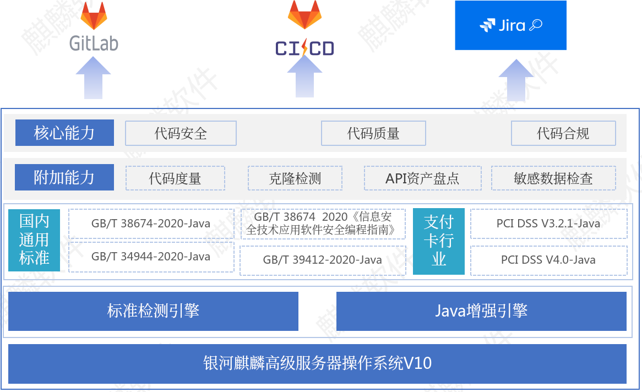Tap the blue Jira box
point(510,25)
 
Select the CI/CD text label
point(304,49)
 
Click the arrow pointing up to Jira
point(515,80)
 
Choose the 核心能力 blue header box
point(64,133)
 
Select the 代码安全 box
point(181,133)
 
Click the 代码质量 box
point(373,133)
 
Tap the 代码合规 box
point(563,133)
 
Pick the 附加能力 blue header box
point(64,177)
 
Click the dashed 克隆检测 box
point(295,178)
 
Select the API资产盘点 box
point(422,178)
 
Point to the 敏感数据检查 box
point(553,178)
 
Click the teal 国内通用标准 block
point(34,240)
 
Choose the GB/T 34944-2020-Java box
point(151,257)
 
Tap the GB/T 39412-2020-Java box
point(323,260)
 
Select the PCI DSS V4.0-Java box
point(548,260)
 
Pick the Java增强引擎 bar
point(481,311)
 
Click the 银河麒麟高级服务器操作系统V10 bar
point(317,363)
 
